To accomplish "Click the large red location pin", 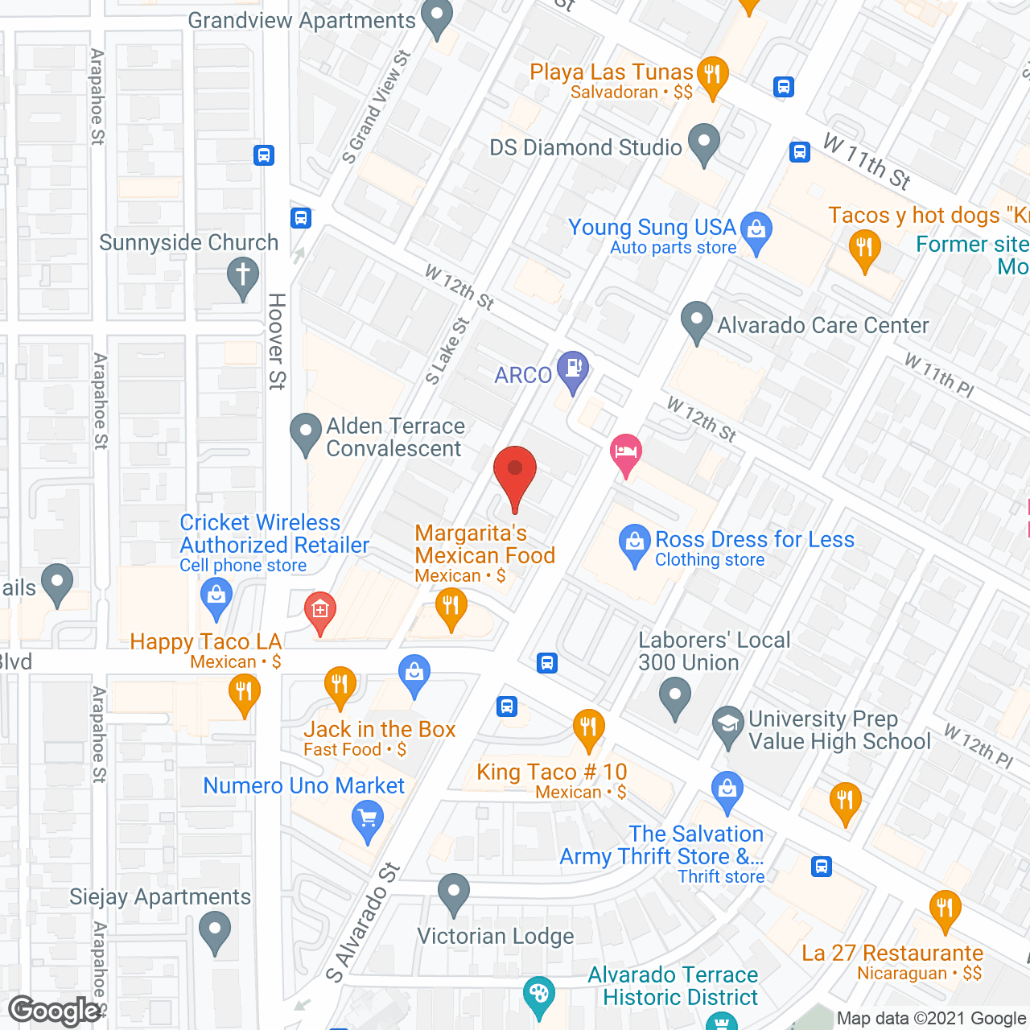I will click(514, 475).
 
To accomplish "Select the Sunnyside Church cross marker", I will click(242, 275).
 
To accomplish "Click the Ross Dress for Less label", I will click(754, 540).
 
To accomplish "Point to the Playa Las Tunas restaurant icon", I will click(712, 76).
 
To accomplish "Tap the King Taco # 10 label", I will click(551, 772).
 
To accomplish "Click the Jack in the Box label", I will click(379, 730).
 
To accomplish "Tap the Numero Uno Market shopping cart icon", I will click(368, 822).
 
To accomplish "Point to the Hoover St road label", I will click(277, 341).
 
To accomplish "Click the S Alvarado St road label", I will click(364, 922).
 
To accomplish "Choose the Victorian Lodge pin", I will click(454, 892).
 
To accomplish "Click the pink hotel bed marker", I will click(626, 454).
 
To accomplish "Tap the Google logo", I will click(55, 1011).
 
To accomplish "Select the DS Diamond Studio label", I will click(586, 148).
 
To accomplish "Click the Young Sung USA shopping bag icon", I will click(756, 231).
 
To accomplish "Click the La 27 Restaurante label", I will click(892, 954).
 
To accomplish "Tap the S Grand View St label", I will click(377, 107).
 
